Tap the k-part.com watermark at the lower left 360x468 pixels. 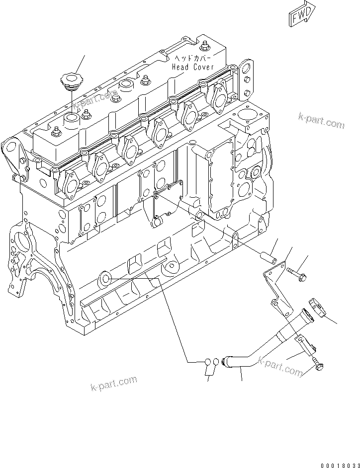click(x=114, y=384)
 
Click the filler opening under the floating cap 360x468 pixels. click(x=71, y=119)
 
